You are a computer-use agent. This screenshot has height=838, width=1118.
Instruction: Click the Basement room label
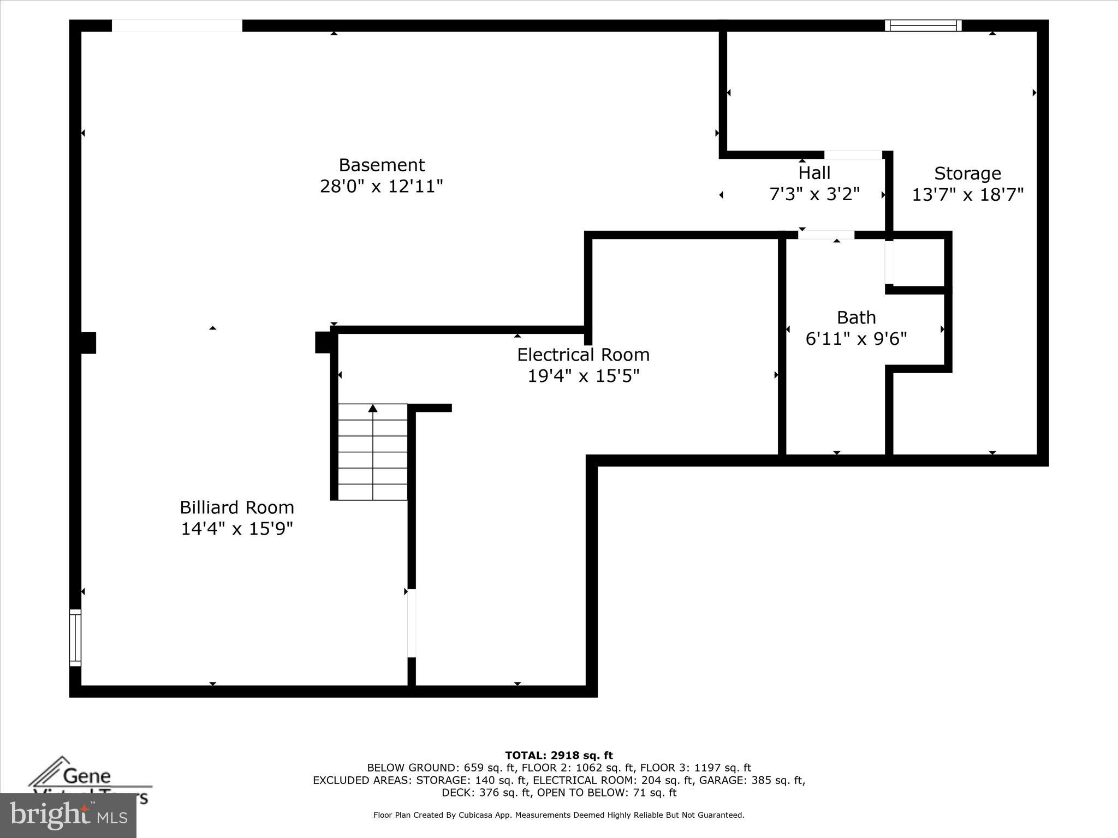point(382,165)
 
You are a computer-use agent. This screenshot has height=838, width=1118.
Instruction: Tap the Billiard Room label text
point(237,507)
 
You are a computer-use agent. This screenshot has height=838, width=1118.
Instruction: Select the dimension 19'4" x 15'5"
point(583,376)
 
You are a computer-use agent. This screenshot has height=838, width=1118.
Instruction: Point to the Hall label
point(814,173)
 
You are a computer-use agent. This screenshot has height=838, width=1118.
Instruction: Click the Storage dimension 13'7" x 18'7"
point(967,195)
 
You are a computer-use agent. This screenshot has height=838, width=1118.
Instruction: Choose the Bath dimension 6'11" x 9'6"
point(856,339)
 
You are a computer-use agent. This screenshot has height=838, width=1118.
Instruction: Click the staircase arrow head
point(373,408)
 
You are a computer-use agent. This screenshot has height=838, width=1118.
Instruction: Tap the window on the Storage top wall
point(923,26)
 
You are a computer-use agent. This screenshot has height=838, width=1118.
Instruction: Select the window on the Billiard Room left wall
point(75,637)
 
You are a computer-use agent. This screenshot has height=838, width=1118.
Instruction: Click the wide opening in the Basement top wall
point(177,26)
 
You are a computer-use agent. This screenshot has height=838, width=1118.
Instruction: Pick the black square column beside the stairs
point(323,343)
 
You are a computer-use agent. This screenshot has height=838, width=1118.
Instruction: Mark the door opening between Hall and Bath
point(826,235)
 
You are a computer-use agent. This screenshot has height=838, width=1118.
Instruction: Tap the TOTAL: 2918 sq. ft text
point(558,756)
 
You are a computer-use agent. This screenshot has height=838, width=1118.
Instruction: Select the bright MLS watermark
point(68,816)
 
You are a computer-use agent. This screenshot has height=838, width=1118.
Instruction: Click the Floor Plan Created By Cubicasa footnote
point(558,815)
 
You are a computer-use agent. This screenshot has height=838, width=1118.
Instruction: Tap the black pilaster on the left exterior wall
point(88,343)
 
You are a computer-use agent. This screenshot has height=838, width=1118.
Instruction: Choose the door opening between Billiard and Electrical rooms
point(412,623)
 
